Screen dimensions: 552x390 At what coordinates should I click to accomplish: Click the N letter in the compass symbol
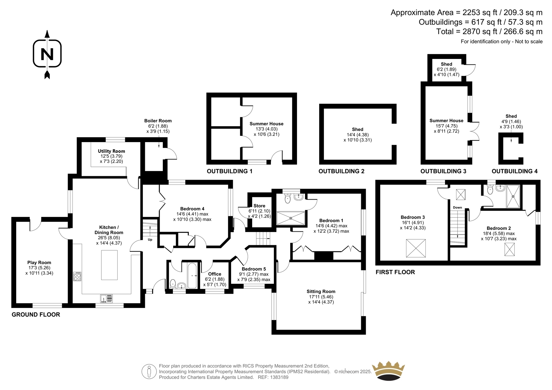coord(47,54)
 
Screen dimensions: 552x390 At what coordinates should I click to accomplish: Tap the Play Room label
coord(39,263)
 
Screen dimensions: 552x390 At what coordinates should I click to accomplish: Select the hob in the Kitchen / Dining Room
coord(77,276)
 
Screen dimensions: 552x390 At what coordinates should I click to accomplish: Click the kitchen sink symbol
coord(107,298)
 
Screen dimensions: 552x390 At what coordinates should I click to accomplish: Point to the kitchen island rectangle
coord(109,265)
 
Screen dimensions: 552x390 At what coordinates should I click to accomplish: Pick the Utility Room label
coord(111,151)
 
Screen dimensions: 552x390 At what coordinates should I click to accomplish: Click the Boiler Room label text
coord(158,121)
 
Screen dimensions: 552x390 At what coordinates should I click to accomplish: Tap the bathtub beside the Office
coord(192,276)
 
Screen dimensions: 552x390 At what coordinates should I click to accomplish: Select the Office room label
coord(215,274)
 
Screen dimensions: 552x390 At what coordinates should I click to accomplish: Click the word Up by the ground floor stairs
coord(150,239)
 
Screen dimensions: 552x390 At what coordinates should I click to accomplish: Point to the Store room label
coord(259,206)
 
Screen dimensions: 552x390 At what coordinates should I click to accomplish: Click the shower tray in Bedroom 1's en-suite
coord(291,218)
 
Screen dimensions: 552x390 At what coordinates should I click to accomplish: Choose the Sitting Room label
coord(321,291)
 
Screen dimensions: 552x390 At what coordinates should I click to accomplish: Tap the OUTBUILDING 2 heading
coord(341,171)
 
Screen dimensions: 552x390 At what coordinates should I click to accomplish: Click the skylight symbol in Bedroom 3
coord(416,248)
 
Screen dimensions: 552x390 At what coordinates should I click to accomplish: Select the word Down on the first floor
coord(457,208)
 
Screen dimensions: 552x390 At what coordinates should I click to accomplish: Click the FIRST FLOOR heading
coord(395,272)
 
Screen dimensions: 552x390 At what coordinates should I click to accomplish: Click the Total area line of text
coord(490,31)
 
